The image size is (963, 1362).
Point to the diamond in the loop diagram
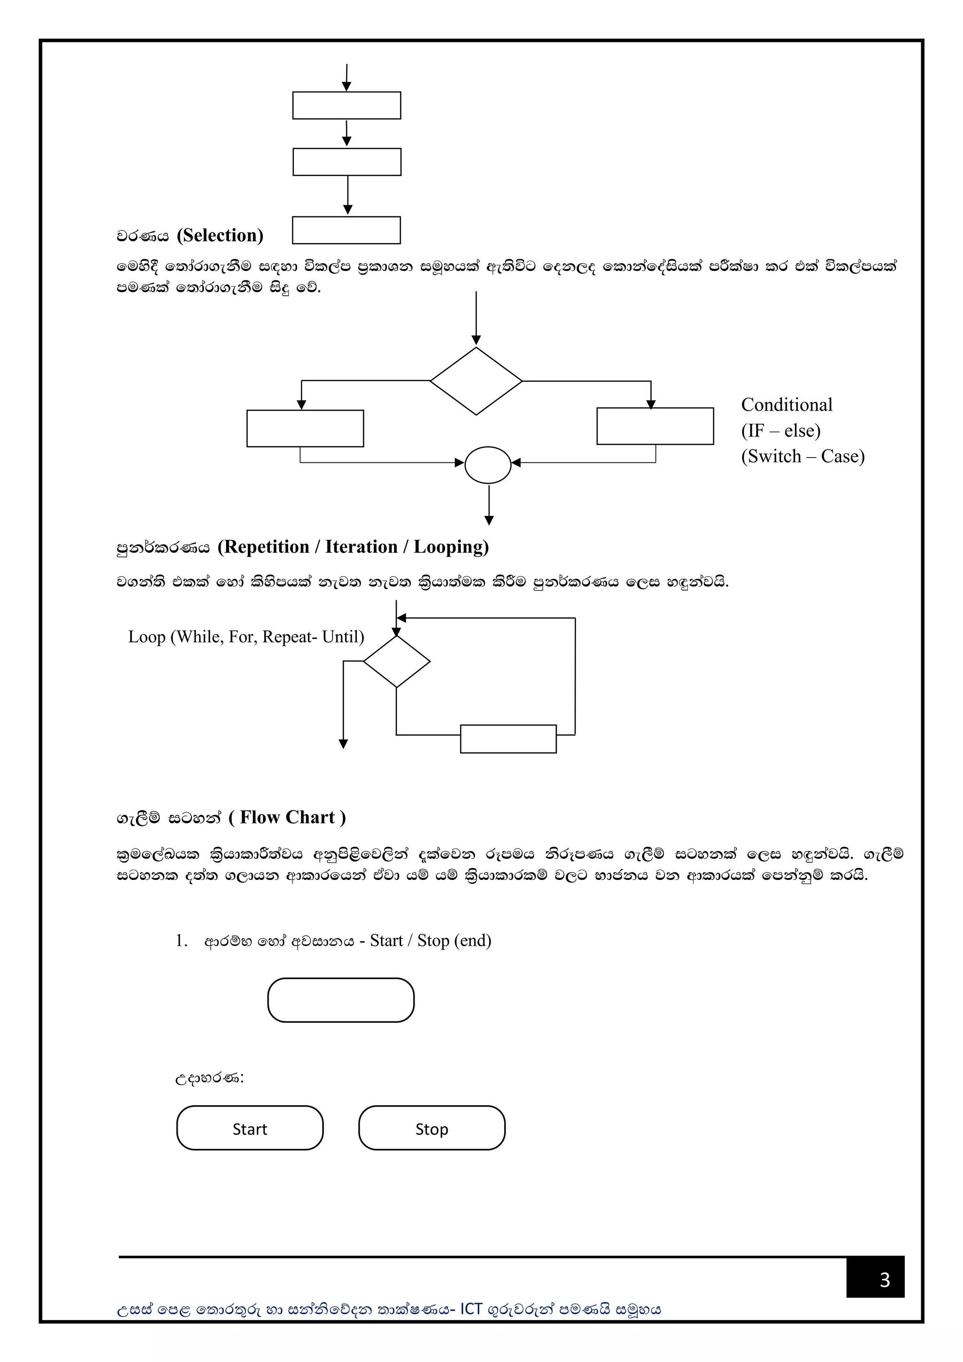(x=397, y=661)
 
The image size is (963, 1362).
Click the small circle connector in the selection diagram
(x=488, y=465)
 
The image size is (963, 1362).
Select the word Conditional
(x=786, y=404)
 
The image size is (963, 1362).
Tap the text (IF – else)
(x=781, y=431)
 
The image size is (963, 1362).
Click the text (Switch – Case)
(x=803, y=456)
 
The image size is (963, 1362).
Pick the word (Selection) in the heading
(x=220, y=236)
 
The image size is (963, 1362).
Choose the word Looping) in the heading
(x=451, y=546)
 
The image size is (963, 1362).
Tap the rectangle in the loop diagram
(x=508, y=739)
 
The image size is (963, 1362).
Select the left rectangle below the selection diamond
(x=305, y=428)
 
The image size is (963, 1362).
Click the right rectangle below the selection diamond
(x=655, y=426)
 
